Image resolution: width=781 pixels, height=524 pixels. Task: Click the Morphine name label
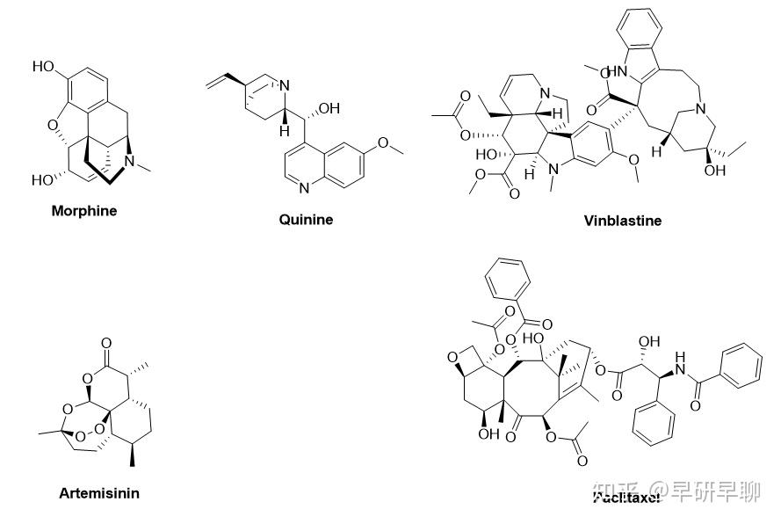pos(83,211)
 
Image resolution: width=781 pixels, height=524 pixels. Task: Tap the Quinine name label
pos(306,220)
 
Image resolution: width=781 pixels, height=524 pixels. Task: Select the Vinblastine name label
pos(622,221)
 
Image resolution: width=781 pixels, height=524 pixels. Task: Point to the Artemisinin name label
pos(99,492)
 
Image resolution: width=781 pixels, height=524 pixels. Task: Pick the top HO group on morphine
pos(43,67)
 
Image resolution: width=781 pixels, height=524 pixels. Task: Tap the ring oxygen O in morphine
pos(53,125)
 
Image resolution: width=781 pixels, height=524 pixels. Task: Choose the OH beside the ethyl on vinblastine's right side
pos(715,171)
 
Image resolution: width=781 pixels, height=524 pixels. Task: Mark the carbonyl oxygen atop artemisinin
pos(106,338)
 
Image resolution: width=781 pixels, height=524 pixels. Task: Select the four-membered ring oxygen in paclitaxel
pos(455,356)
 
